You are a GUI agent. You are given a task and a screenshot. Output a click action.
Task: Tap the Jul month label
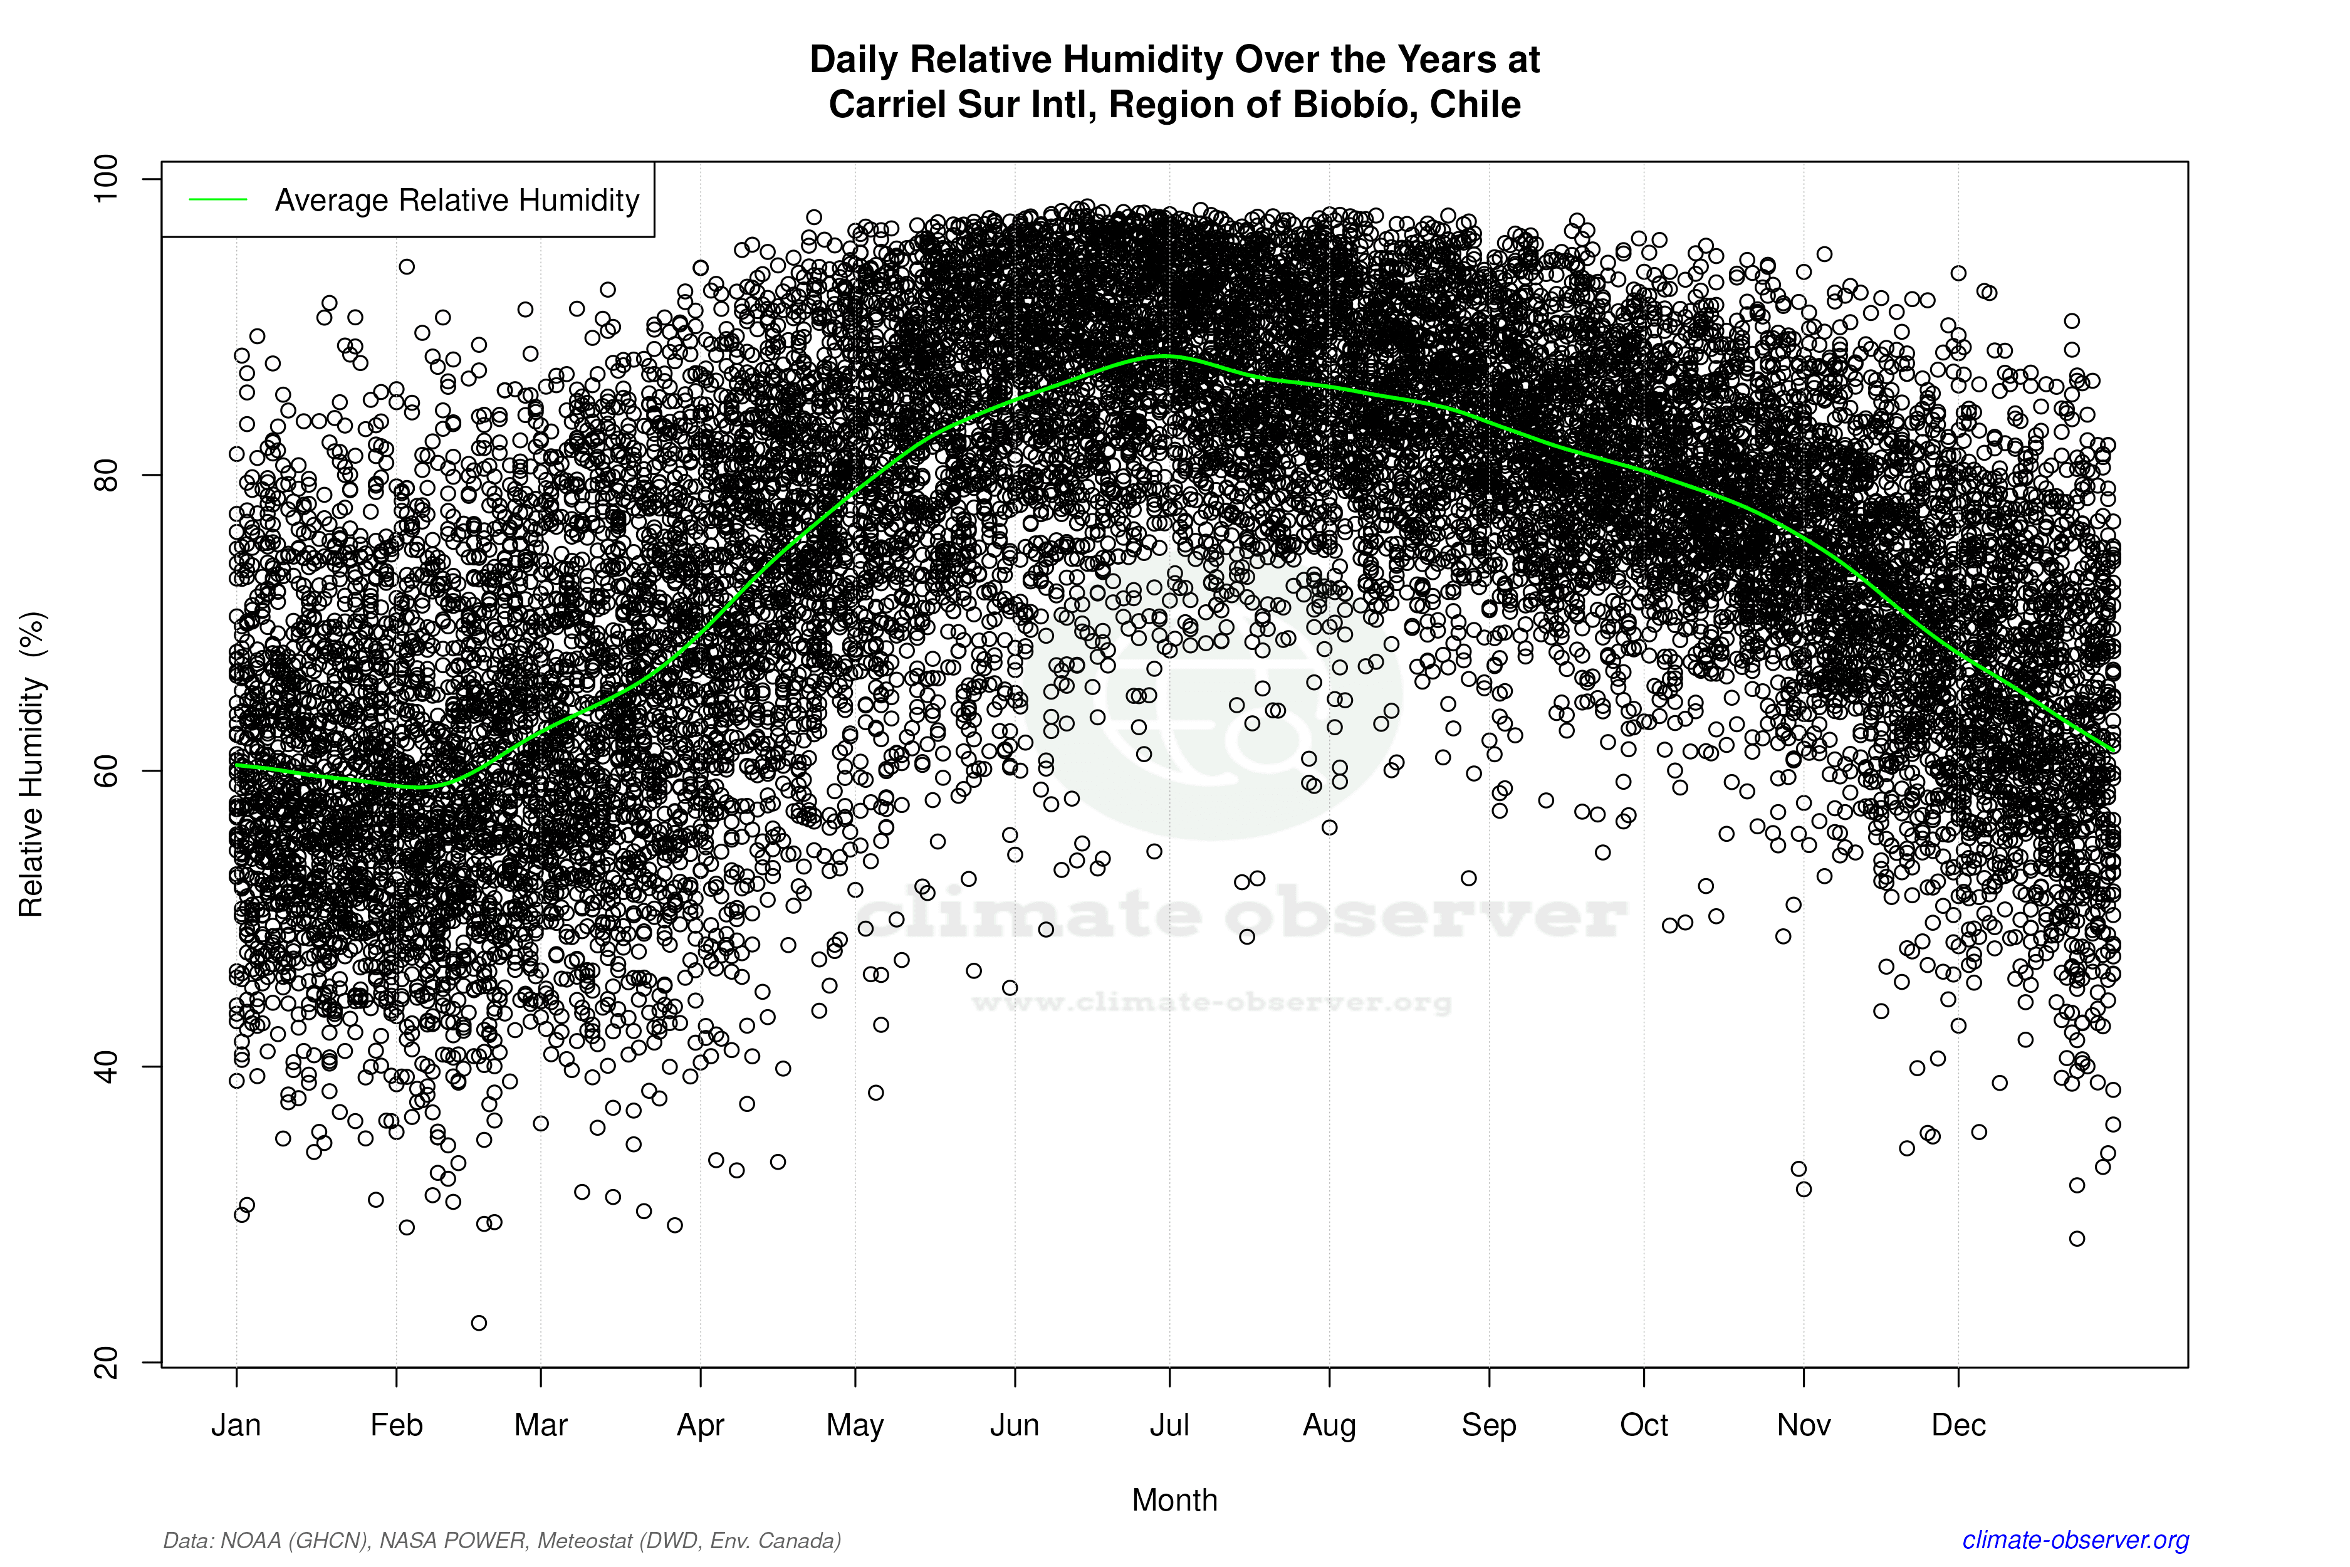(x=1169, y=1425)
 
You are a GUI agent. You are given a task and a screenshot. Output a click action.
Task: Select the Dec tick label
(x=1958, y=1425)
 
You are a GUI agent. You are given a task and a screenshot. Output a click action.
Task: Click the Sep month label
(x=1489, y=1425)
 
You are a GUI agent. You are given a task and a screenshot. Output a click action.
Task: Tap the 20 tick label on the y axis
(x=106, y=1362)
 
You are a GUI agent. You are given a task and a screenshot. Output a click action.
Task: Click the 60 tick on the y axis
(x=106, y=770)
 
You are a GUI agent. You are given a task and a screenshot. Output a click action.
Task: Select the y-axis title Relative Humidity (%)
(x=32, y=765)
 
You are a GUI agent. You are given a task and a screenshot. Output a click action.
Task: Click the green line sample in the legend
(x=218, y=200)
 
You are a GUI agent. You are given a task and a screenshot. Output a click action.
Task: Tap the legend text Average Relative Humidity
(x=457, y=200)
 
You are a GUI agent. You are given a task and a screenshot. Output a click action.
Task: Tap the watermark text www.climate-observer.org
(x=1211, y=1002)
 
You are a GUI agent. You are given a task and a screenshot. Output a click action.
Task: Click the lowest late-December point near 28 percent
(x=2077, y=1238)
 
